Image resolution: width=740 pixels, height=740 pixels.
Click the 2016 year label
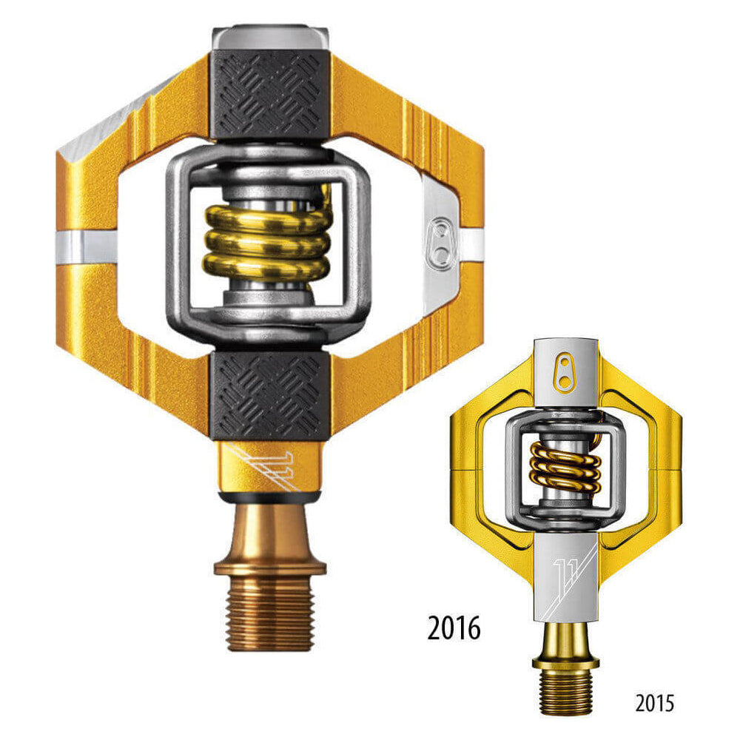(454, 628)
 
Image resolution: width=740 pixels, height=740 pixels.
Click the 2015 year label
(654, 702)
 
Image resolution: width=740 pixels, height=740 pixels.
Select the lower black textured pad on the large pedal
(270, 396)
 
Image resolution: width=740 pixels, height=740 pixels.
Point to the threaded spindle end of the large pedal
(270, 614)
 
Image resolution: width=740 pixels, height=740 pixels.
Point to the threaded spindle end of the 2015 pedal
(565, 692)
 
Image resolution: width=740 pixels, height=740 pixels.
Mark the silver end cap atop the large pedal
(270, 37)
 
